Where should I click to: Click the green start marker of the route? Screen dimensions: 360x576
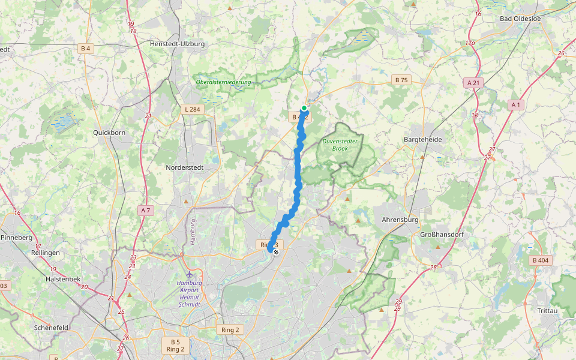[x=304, y=108]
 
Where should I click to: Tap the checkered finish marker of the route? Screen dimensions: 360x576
[x=275, y=253]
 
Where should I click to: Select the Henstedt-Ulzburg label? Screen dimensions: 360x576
[x=177, y=44]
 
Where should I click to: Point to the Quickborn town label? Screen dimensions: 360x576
[x=109, y=133]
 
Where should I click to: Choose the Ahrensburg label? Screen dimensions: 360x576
[x=400, y=220]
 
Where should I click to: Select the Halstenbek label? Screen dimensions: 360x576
[x=62, y=279]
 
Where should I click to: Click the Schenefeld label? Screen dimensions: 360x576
[x=52, y=327]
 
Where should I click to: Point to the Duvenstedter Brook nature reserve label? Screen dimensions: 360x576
[x=340, y=145]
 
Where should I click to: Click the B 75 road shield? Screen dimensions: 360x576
[x=401, y=79]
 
